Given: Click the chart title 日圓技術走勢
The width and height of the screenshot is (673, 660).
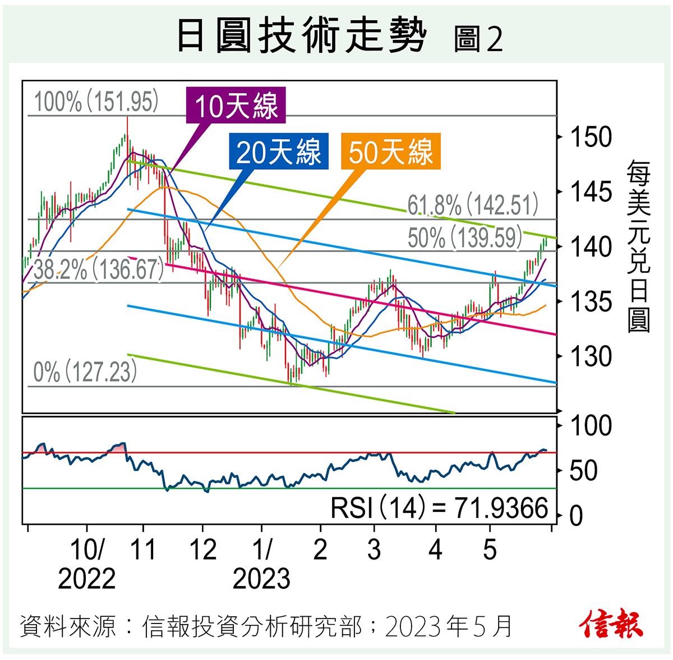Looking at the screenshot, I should (x=302, y=35).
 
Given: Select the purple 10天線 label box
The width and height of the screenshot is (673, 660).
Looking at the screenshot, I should (x=236, y=106).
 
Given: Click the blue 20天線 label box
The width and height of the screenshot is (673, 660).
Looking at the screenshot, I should (x=279, y=152).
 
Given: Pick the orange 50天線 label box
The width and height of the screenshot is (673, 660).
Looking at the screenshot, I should (x=391, y=152).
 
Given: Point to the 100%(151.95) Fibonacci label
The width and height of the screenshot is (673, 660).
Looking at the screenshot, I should (x=96, y=102).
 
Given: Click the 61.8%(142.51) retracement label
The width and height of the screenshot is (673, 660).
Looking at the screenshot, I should (x=473, y=205).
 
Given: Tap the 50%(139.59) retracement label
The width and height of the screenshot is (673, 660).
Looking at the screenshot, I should (x=465, y=238).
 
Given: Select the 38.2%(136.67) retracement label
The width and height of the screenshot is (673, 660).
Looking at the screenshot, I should (x=99, y=270).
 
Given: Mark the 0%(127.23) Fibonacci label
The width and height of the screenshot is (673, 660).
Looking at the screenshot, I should (x=85, y=372).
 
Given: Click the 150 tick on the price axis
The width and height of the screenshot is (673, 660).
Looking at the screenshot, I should (x=590, y=137).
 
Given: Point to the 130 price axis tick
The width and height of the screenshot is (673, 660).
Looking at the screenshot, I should (x=590, y=356).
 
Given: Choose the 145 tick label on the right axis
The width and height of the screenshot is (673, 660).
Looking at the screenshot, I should (x=590, y=192).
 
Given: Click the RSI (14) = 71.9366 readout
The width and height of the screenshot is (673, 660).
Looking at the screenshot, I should (x=439, y=508).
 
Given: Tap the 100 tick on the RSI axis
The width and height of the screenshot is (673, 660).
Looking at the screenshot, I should (x=590, y=426).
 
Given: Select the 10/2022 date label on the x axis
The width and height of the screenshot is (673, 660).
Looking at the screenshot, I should (x=86, y=565).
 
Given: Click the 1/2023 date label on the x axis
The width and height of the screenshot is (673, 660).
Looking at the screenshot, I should (x=261, y=565).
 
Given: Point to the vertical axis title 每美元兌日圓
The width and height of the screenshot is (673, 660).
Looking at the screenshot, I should (x=638, y=246).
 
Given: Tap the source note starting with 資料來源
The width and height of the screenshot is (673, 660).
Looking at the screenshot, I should (x=266, y=626).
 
